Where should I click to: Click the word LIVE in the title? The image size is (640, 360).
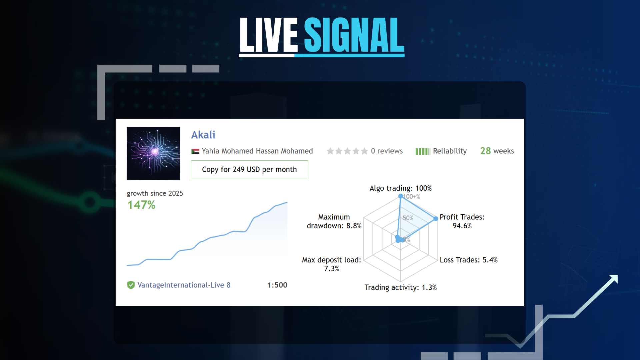[269, 35]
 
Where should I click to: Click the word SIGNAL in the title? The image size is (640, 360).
[354, 35]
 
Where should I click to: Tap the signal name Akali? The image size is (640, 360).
[203, 135]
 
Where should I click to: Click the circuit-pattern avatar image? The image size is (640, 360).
[153, 153]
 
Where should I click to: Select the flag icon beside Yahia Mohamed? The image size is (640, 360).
[195, 151]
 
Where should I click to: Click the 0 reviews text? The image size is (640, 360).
[387, 151]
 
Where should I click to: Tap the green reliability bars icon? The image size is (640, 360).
[423, 151]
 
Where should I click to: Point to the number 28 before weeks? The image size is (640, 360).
[485, 151]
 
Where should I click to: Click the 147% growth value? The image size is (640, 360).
[141, 205]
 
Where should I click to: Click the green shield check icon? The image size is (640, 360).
[131, 285]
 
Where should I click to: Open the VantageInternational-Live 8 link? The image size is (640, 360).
[184, 285]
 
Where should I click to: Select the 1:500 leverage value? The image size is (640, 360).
[277, 285]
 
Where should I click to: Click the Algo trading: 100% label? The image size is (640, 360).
[400, 188]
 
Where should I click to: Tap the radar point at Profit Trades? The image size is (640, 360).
[436, 219]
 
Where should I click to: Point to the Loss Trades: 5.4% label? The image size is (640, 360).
[468, 260]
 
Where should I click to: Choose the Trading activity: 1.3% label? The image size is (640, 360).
[400, 287]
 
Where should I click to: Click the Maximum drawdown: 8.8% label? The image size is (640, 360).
[334, 221]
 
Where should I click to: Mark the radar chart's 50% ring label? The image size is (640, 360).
[408, 218]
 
